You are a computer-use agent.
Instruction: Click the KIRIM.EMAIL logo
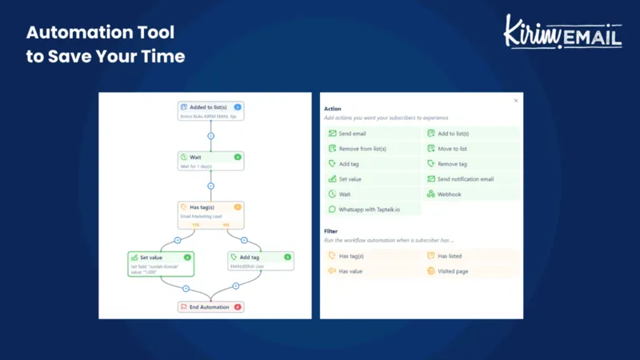coord(562,32)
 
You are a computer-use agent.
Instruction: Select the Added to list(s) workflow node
coord(210,110)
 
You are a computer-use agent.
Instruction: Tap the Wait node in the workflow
coord(210,161)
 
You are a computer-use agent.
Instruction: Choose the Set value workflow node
coord(160,262)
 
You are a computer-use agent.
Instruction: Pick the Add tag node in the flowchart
coord(261,262)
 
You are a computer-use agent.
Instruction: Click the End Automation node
coord(210,307)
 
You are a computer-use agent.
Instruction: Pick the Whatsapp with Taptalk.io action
coord(372,210)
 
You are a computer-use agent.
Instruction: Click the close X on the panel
coord(516,101)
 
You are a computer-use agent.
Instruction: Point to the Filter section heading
coord(330,231)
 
